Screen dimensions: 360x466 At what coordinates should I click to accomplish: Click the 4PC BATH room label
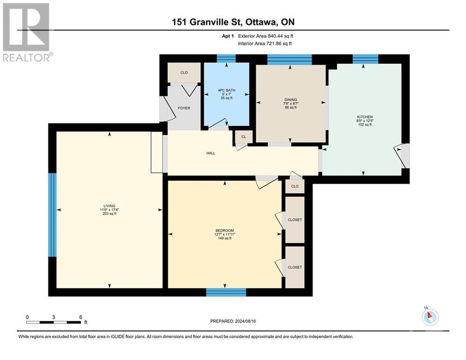pos(226,90)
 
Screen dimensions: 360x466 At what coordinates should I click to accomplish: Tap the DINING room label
pos(290,99)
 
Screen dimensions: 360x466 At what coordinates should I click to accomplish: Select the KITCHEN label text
pos(364,117)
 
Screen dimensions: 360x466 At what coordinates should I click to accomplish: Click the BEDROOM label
pos(224,231)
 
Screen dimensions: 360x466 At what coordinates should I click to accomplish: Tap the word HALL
pos(211,153)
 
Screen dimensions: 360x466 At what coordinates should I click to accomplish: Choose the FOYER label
pos(184,108)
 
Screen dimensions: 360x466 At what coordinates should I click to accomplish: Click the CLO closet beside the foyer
pos(184,73)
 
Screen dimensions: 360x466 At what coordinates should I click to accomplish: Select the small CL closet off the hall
pos(244,137)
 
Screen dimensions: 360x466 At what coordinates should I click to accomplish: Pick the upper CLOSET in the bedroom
pos(295,220)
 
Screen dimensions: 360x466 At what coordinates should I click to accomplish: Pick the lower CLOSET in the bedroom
pos(295,267)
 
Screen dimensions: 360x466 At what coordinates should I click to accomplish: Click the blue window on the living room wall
pos(52,215)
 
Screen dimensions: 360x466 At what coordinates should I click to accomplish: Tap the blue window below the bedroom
pos(226,292)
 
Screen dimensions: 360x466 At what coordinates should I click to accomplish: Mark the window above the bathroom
pos(226,59)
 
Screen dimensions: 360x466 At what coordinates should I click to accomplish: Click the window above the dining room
pos(289,59)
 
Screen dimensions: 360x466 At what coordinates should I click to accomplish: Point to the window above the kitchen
pos(365,59)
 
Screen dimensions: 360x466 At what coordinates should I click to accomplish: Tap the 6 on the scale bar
pos(81,317)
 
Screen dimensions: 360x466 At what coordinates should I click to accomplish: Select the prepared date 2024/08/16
pos(249,321)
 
